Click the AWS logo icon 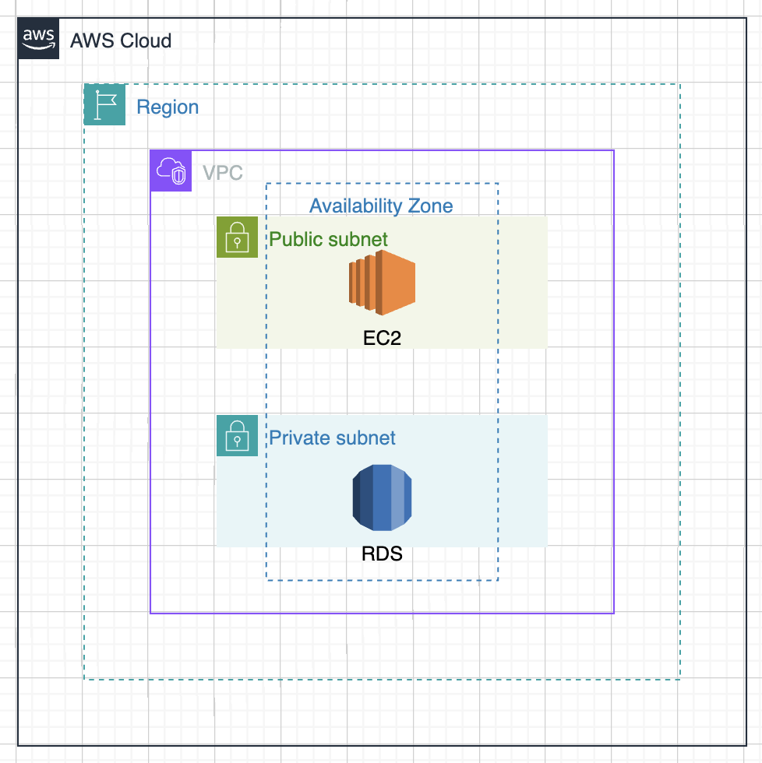pyautogui.click(x=39, y=39)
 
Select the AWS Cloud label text pyautogui.click(x=121, y=40)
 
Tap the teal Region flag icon pyautogui.click(x=104, y=104)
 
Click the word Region pyautogui.click(x=168, y=107)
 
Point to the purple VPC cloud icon pyautogui.click(x=171, y=171)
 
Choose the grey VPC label pyautogui.click(x=223, y=173)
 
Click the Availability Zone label pyautogui.click(x=381, y=206)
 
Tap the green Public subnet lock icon pyautogui.click(x=237, y=237)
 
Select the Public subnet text pyautogui.click(x=328, y=239)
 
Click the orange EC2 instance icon pyautogui.click(x=382, y=282)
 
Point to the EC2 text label pyautogui.click(x=382, y=339)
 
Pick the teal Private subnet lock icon pyautogui.click(x=237, y=435)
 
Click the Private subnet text pyautogui.click(x=332, y=438)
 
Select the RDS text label pyautogui.click(x=382, y=555)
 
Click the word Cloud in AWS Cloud pyautogui.click(x=144, y=40)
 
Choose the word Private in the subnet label pyautogui.click(x=297, y=438)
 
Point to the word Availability pyautogui.click(x=355, y=206)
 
